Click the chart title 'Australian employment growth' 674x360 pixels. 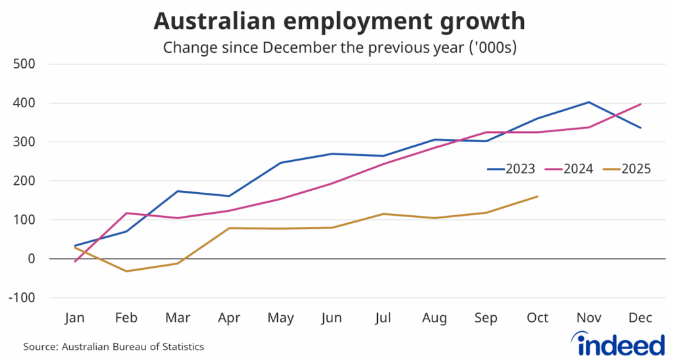pyautogui.click(x=339, y=21)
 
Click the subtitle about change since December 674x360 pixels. pyautogui.click(x=339, y=47)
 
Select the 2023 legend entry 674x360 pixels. pyautogui.click(x=514, y=169)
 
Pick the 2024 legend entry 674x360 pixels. pyautogui.click(x=571, y=169)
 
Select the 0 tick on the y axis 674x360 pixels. pyautogui.click(x=31, y=259)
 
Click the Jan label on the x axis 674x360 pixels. pyautogui.click(x=75, y=318)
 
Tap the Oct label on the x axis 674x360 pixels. pyautogui.click(x=538, y=318)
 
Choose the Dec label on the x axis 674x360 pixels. pyautogui.click(x=640, y=318)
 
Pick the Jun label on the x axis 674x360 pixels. pyautogui.click(x=332, y=318)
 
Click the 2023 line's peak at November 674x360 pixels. pyautogui.click(x=589, y=102)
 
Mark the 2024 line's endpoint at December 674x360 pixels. pyautogui.click(x=640, y=104)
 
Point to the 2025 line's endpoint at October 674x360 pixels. pyautogui.click(x=538, y=196)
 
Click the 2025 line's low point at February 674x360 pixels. pyautogui.click(x=126, y=271)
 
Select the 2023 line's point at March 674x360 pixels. pyautogui.click(x=178, y=191)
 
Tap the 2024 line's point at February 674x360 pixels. pyautogui.click(x=126, y=213)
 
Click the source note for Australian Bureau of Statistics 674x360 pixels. pyautogui.click(x=113, y=346)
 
